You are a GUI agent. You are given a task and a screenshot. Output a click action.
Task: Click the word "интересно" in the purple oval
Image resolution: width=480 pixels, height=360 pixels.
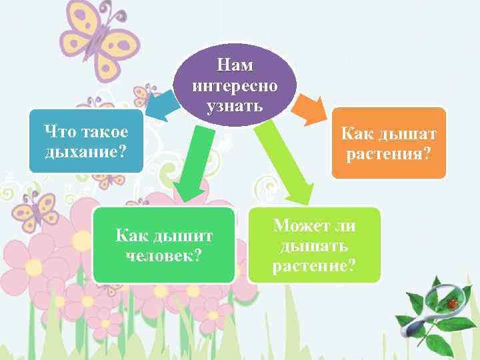pyautogui.click(x=235, y=86)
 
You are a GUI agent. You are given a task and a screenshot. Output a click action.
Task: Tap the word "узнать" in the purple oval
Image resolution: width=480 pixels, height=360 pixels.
pyautogui.click(x=235, y=107)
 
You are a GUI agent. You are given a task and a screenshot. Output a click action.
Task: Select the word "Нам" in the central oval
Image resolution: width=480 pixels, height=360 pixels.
pyautogui.click(x=235, y=65)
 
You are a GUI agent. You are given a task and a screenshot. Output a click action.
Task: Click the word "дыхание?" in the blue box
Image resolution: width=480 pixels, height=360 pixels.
pyautogui.click(x=85, y=151)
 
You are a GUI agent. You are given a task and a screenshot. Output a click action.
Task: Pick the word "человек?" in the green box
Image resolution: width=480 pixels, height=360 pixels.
pyautogui.click(x=164, y=256)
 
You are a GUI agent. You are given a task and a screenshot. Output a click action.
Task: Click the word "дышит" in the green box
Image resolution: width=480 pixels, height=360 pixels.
pyautogui.click(x=183, y=236)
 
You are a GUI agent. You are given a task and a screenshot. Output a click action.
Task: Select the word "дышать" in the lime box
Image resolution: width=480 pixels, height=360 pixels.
pyautogui.click(x=314, y=246)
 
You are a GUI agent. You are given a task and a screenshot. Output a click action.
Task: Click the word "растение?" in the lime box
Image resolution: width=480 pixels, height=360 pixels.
pyautogui.click(x=314, y=267)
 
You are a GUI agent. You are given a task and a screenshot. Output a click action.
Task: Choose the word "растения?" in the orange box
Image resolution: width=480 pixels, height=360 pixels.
pyautogui.click(x=389, y=155)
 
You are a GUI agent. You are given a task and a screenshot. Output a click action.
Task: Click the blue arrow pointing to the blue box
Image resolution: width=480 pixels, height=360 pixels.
pyautogui.click(x=160, y=107)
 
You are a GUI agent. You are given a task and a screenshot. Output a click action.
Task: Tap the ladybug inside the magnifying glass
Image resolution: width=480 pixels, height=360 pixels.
pyautogui.click(x=453, y=303)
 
